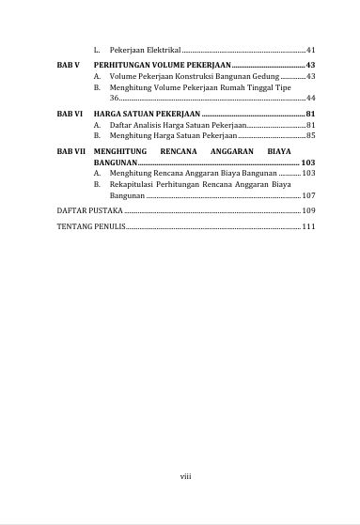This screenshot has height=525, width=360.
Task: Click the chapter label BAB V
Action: (67, 64)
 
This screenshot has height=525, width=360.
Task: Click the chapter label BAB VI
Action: (69, 114)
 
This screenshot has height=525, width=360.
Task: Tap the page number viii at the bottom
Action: (185, 475)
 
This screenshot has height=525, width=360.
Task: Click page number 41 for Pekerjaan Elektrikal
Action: (310, 49)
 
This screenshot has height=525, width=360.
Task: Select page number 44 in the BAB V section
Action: (310, 97)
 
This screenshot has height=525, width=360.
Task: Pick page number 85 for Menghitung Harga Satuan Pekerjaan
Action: (310, 136)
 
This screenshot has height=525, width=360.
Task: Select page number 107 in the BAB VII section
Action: (308, 196)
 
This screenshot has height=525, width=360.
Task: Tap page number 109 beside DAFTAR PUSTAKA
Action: (308, 212)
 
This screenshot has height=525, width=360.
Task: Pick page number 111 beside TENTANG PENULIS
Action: (308, 227)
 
